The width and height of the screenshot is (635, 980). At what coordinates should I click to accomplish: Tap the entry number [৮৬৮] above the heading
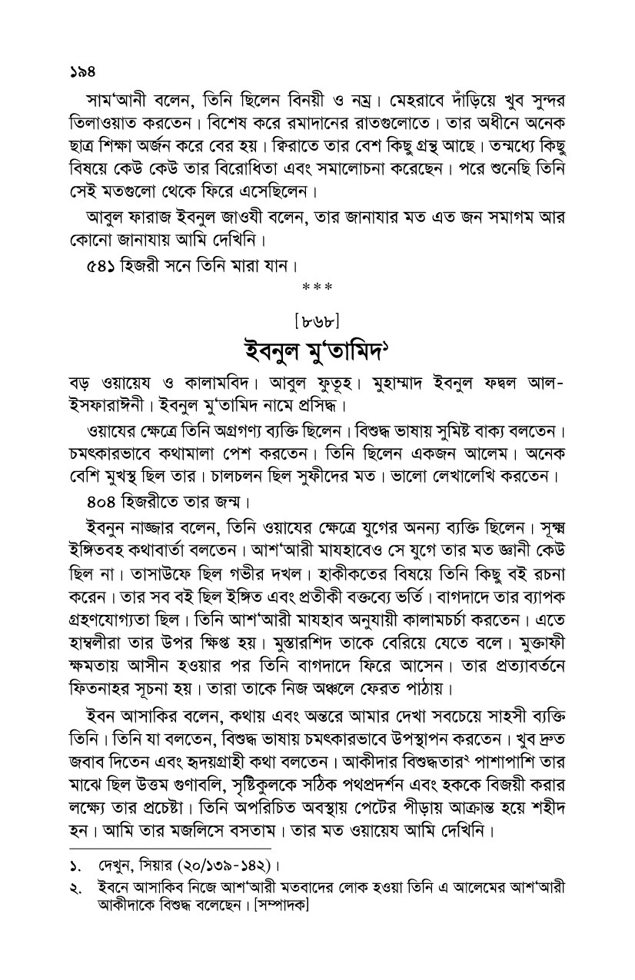[317, 314]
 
